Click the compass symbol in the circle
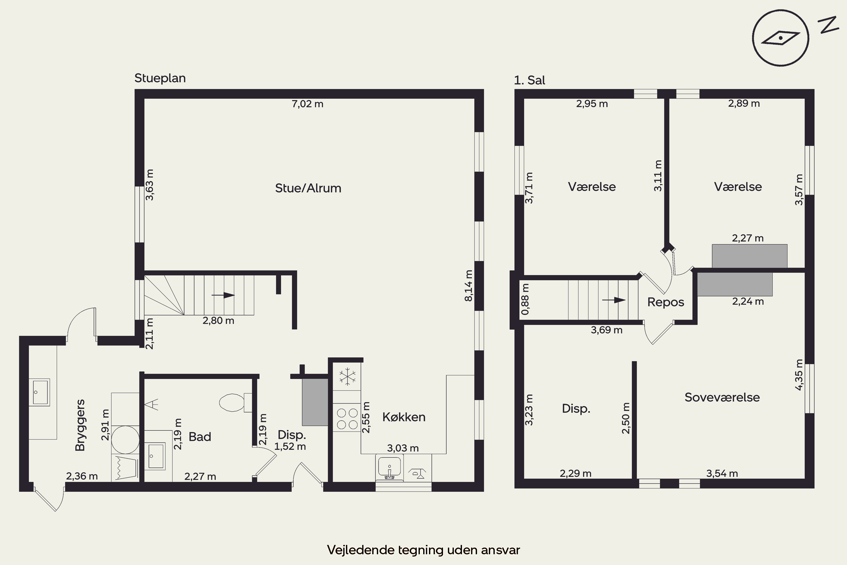[x=780, y=38]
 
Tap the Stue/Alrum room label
[x=308, y=188]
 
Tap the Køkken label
[x=404, y=417]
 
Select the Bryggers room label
[x=80, y=425]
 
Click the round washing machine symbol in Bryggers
[x=125, y=439]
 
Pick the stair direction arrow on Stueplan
[x=223, y=295]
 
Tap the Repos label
[x=665, y=302]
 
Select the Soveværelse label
[x=722, y=397]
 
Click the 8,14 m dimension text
[x=468, y=285]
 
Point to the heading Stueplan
[x=160, y=78]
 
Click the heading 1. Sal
[x=529, y=80]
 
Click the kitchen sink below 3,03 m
[x=389, y=466]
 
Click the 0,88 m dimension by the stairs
[x=525, y=299]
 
